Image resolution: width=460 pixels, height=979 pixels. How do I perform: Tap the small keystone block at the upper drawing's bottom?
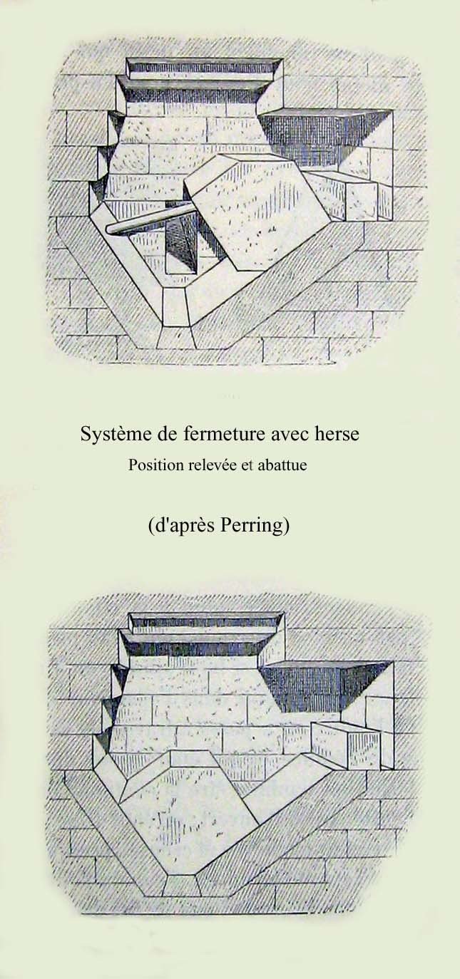click(175, 306)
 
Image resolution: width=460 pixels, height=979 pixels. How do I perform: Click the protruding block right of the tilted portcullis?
click(345, 196)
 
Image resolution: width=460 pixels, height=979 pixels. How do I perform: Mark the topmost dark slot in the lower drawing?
click(205, 622)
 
